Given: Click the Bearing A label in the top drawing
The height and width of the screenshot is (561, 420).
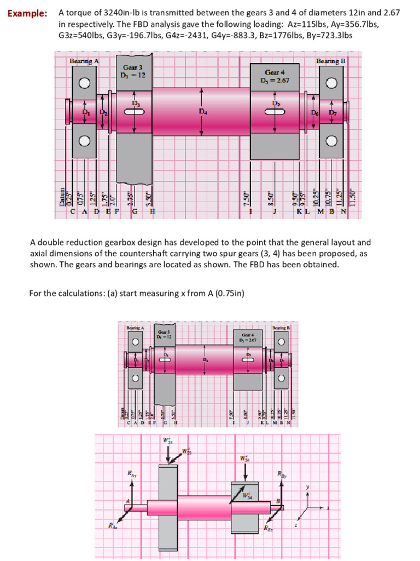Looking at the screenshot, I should click(84, 61).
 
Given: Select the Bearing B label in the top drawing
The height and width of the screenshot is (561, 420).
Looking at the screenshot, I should click(331, 61).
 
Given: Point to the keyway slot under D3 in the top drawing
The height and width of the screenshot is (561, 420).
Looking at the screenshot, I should click(135, 112).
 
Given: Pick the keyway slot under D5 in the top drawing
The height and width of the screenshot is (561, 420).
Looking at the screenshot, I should click(275, 112).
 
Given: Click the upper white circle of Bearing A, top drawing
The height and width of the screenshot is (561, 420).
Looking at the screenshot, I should click(84, 83).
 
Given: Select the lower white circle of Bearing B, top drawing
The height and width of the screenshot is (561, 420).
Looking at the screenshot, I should click(331, 141).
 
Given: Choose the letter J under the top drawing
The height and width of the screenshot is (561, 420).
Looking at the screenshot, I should click(275, 211).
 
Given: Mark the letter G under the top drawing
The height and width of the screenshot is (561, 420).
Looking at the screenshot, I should click(135, 211).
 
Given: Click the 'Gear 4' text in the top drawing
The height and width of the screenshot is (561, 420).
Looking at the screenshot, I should click(275, 72).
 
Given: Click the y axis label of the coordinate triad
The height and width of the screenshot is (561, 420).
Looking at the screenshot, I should click(308, 486).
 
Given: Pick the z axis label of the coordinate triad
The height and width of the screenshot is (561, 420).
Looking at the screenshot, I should click(296, 524).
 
